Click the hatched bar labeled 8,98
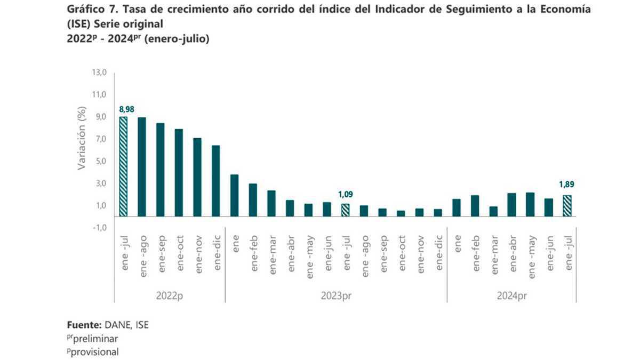(x=123, y=166)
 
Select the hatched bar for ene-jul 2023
(x=345, y=210)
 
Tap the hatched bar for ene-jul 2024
(x=567, y=206)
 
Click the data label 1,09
(x=345, y=195)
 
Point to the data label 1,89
(x=566, y=185)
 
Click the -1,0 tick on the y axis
(x=100, y=228)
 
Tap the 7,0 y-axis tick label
(x=100, y=139)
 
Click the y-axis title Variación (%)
(x=82, y=139)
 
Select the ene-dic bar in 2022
(x=216, y=181)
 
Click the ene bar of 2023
(x=234, y=195)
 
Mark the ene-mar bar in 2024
(x=493, y=211)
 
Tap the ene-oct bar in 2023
(x=401, y=213)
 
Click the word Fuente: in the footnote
(x=84, y=325)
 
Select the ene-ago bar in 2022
(x=142, y=166)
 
